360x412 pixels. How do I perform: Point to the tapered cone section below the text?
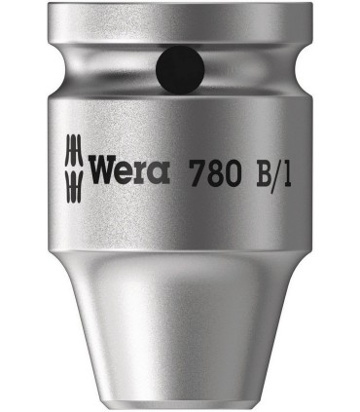pyautogui.click(x=180, y=312)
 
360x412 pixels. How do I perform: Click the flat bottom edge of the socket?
pyautogui.click(x=180, y=400)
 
